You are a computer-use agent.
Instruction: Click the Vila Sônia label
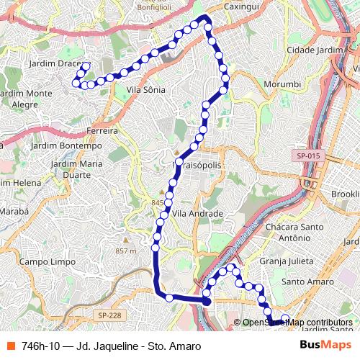click(145, 90)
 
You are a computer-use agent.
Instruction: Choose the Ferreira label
click(102, 131)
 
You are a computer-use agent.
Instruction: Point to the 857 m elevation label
click(125, 250)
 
